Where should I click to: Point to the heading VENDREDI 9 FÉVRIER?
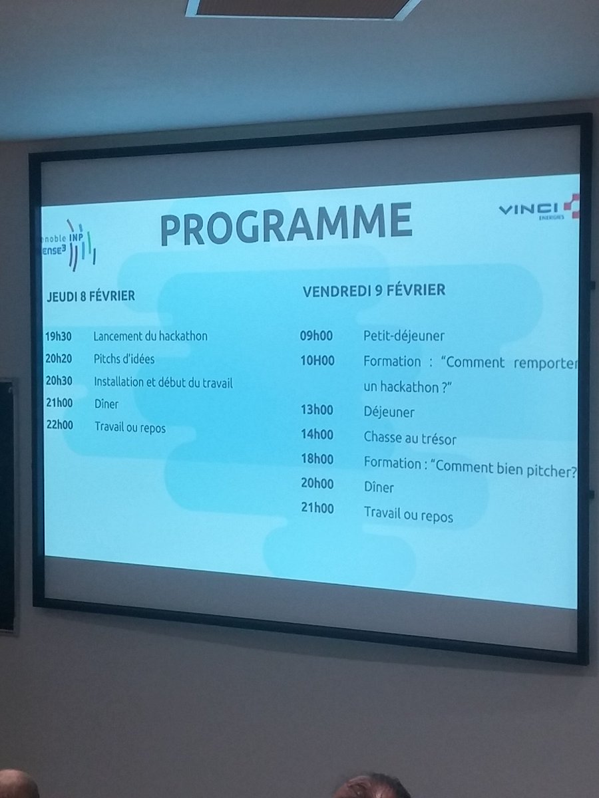(374, 291)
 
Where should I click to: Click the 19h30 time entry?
(59, 336)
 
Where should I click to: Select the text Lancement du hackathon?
(150, 336)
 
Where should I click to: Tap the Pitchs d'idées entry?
(124, 358)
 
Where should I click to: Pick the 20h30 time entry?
(59, 381)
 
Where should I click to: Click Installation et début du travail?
(163, 382)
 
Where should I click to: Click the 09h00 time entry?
(317, 336)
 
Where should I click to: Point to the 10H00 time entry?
(317, 361)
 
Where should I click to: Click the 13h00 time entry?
(317, 411)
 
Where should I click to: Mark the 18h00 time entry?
(317, 460)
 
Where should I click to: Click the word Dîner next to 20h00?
(379, 487)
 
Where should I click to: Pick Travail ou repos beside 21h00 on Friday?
(408, 514)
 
